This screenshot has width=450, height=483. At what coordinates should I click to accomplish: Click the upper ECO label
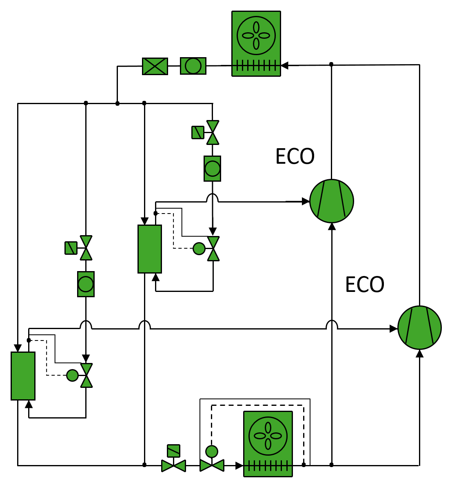tap(295, 156)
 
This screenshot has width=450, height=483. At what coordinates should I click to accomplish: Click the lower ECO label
tap(365, 285)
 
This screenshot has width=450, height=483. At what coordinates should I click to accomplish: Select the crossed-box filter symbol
tap(155, 66)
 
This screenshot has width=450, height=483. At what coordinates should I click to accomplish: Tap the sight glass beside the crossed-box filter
tap(193, 66)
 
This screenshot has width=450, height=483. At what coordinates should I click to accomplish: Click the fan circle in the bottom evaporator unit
tap(268, 436)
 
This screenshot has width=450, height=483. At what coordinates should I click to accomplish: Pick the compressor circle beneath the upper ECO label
tap(331, 201)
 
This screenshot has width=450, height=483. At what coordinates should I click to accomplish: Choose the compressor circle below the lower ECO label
tap(419, 327)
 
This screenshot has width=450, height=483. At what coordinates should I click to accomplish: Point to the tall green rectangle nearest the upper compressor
tap(150, 249)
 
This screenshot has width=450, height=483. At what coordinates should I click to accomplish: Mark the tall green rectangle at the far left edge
tap(23, 376)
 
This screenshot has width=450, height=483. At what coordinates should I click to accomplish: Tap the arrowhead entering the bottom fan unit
tap(239, 465)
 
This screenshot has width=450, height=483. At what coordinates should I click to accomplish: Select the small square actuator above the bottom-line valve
tap(173, 451)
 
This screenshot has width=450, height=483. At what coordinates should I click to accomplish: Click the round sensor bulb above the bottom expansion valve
tap(212, 452)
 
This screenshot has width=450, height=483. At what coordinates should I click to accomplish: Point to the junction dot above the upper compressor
tap(331, 64)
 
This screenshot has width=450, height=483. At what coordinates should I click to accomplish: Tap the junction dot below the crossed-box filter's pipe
tap(117, 104)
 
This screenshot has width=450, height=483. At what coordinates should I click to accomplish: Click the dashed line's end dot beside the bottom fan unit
tap(304, 465)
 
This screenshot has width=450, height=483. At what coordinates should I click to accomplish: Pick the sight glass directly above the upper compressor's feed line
tap(212, 168)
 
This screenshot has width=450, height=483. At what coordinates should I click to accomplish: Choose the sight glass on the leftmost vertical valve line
tap(86, 284)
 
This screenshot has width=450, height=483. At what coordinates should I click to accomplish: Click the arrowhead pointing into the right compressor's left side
tap(394, 328)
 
